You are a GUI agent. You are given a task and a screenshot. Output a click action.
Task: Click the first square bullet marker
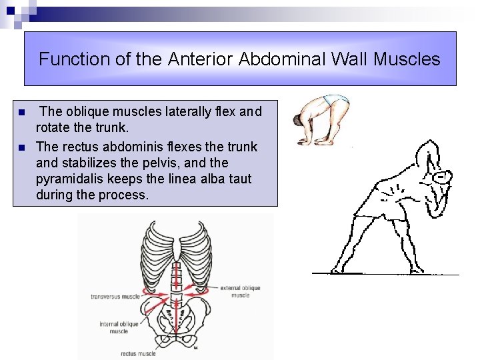click(21, 112)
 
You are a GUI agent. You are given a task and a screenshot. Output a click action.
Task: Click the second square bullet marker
click(21, 147)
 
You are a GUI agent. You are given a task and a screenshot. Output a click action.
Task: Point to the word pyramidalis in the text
click(71, 179)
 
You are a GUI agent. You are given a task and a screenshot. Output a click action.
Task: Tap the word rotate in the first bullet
click(54, 128)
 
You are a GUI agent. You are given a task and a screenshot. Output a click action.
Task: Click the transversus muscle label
click(115, 296)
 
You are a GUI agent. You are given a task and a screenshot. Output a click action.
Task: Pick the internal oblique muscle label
click(119, 327)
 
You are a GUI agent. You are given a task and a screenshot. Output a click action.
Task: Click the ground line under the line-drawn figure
click(387, 273)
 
